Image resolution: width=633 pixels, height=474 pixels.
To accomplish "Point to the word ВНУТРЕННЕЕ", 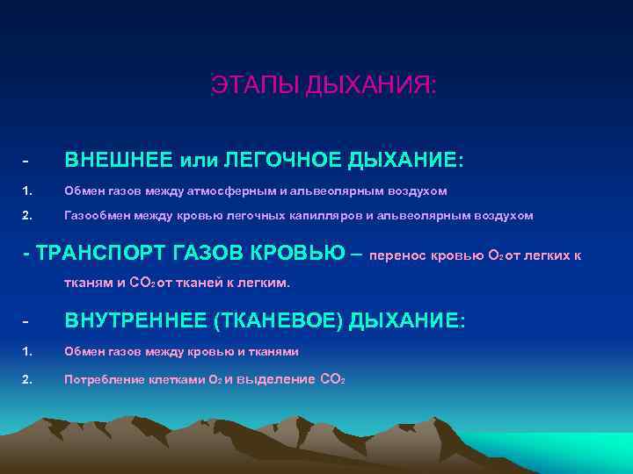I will click(x=135, y=321).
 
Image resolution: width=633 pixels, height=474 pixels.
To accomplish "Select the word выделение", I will click(x=278, y=379).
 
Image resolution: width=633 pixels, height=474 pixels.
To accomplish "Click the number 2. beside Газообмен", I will click(x=27, y=215).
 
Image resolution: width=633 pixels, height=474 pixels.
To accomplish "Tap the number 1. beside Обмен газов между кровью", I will click(x=27, y=351).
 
